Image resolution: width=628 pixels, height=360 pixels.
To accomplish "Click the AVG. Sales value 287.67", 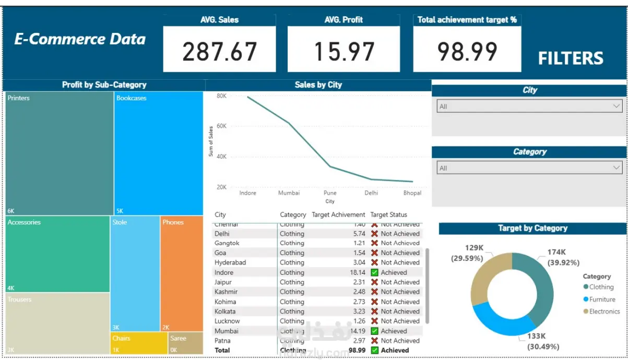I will (219, 51).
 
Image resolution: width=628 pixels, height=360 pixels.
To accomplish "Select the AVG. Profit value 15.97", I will (344, 51).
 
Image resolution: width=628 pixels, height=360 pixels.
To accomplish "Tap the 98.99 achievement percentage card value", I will (467, 51).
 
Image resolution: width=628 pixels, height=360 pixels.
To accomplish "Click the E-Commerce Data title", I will (80, 39).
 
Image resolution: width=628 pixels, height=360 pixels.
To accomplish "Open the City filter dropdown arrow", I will (616, 106).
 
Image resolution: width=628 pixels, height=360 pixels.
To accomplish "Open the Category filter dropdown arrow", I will (616, 168).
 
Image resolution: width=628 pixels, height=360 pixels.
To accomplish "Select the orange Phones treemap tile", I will (181, 274).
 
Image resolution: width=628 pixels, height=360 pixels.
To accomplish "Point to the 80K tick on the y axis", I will (221, 96).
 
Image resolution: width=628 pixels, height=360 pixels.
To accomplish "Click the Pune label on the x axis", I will (330, 193).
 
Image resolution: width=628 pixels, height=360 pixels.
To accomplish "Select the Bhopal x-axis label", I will (412, 193).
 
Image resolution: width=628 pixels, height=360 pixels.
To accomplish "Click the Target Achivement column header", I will (338, 214).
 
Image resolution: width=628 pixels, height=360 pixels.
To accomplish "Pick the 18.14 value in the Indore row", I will (358, 272).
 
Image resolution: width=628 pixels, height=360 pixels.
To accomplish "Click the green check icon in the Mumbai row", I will (374, 331).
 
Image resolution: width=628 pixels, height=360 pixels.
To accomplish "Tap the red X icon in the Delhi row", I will (374, 234).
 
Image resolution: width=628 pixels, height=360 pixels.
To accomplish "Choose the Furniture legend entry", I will (602, 299).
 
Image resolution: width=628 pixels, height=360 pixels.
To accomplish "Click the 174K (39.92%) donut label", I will (563, 257).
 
